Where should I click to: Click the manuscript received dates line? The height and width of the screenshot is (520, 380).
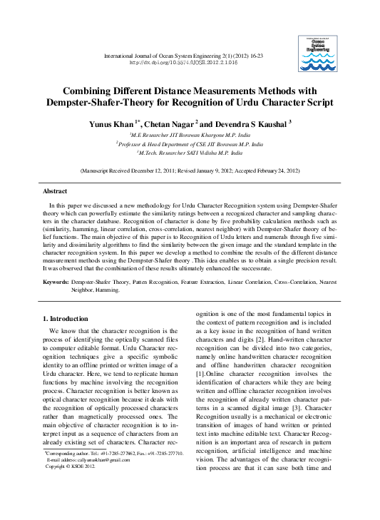coord(190,171)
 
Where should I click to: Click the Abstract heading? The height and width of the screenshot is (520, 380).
coord(55,191)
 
